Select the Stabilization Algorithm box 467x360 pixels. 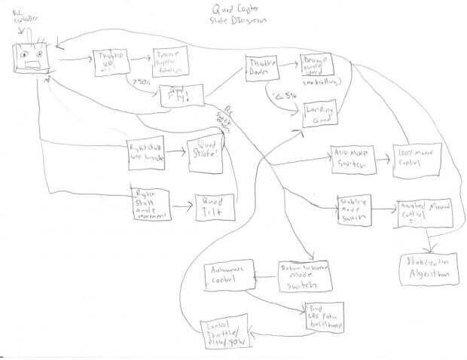coord(428,270)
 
